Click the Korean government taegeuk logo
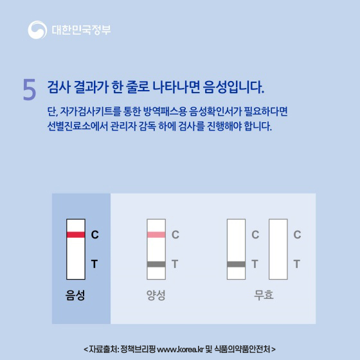pyautogui.click(x=37, y=30)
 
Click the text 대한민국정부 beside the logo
pyautogui.click(x=81, y=30)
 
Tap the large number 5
pyautogui.click(x=29, y=90)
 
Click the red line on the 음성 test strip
pyautogui.click(x=76, y=235)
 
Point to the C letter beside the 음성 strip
pyautogui.click(x=94, y=235)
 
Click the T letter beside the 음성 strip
pyautogui.click(x=94, y=264)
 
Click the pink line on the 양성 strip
pyautogui.click(x=156, y=235)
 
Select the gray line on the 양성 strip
pyautogui.click(x=156, y=264)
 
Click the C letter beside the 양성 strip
pyautogui.click(x=175, y=235)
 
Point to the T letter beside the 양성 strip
pyautogui.click(x=175, y=264)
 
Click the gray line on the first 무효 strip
pyautogui.click(x=236, y=264)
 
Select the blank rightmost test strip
pyautogui.click(x=278, y=249)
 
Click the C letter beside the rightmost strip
pyautogui.click(x=297, y=235)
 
